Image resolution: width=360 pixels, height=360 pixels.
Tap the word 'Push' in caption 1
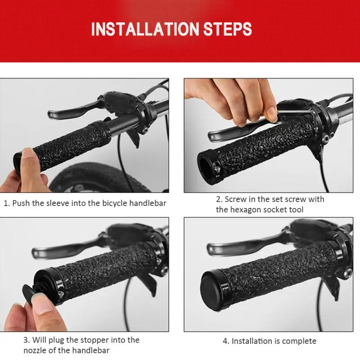[x=22, y=203]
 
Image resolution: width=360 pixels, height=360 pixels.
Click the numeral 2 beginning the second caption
[x=218, y=199]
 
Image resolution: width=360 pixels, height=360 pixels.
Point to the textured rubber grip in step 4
[x=279, y=270]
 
